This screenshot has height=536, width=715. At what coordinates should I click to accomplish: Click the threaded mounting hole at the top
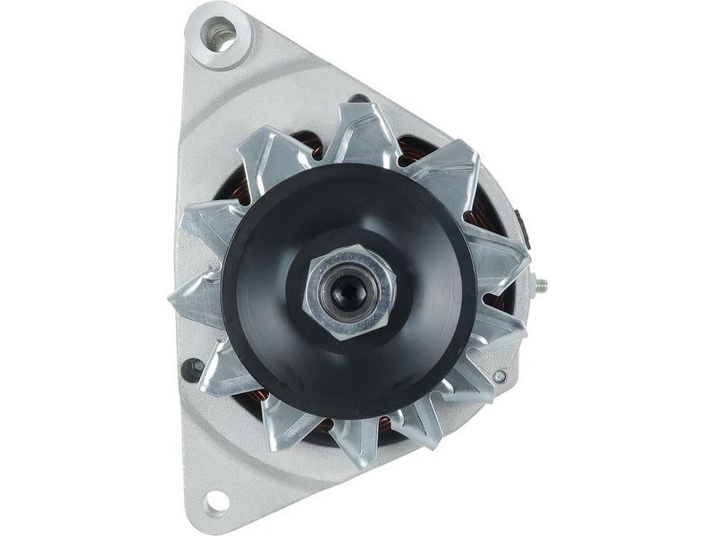point(219,36)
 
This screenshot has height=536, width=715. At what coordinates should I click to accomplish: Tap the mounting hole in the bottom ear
point(215,504)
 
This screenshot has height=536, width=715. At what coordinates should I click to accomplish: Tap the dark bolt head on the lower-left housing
point(190,367)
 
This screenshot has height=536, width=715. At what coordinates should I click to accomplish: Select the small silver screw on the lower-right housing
point(499,376)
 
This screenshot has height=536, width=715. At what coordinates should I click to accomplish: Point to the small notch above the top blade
point(357,99)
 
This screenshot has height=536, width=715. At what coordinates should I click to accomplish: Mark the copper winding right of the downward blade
point(384,425)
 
